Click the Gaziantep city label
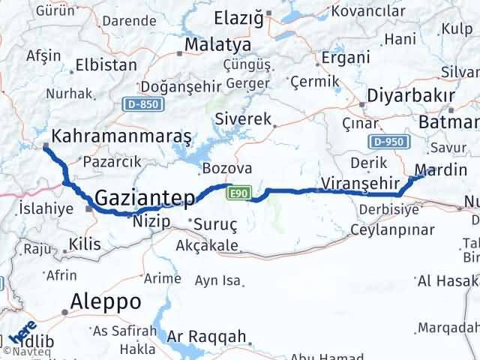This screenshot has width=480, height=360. coord(145,198)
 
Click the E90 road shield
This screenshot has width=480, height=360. coord(238,193)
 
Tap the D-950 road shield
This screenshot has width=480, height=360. coord(387,142)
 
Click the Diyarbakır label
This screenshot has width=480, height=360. coord(410,97)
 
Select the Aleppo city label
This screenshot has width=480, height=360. coord(105,301)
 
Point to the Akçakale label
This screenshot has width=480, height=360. coord(207,246)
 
